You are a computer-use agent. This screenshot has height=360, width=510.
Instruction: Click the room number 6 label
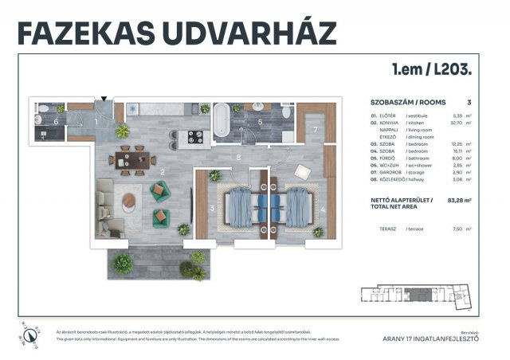point(56,122)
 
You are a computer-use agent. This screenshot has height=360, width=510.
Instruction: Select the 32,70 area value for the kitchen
point(457,123)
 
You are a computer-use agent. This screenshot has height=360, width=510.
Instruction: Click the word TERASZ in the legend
point(389,229)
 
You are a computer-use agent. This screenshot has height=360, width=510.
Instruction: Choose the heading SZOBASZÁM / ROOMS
point(408,103)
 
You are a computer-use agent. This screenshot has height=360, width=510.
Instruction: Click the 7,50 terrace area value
point(459,229)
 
